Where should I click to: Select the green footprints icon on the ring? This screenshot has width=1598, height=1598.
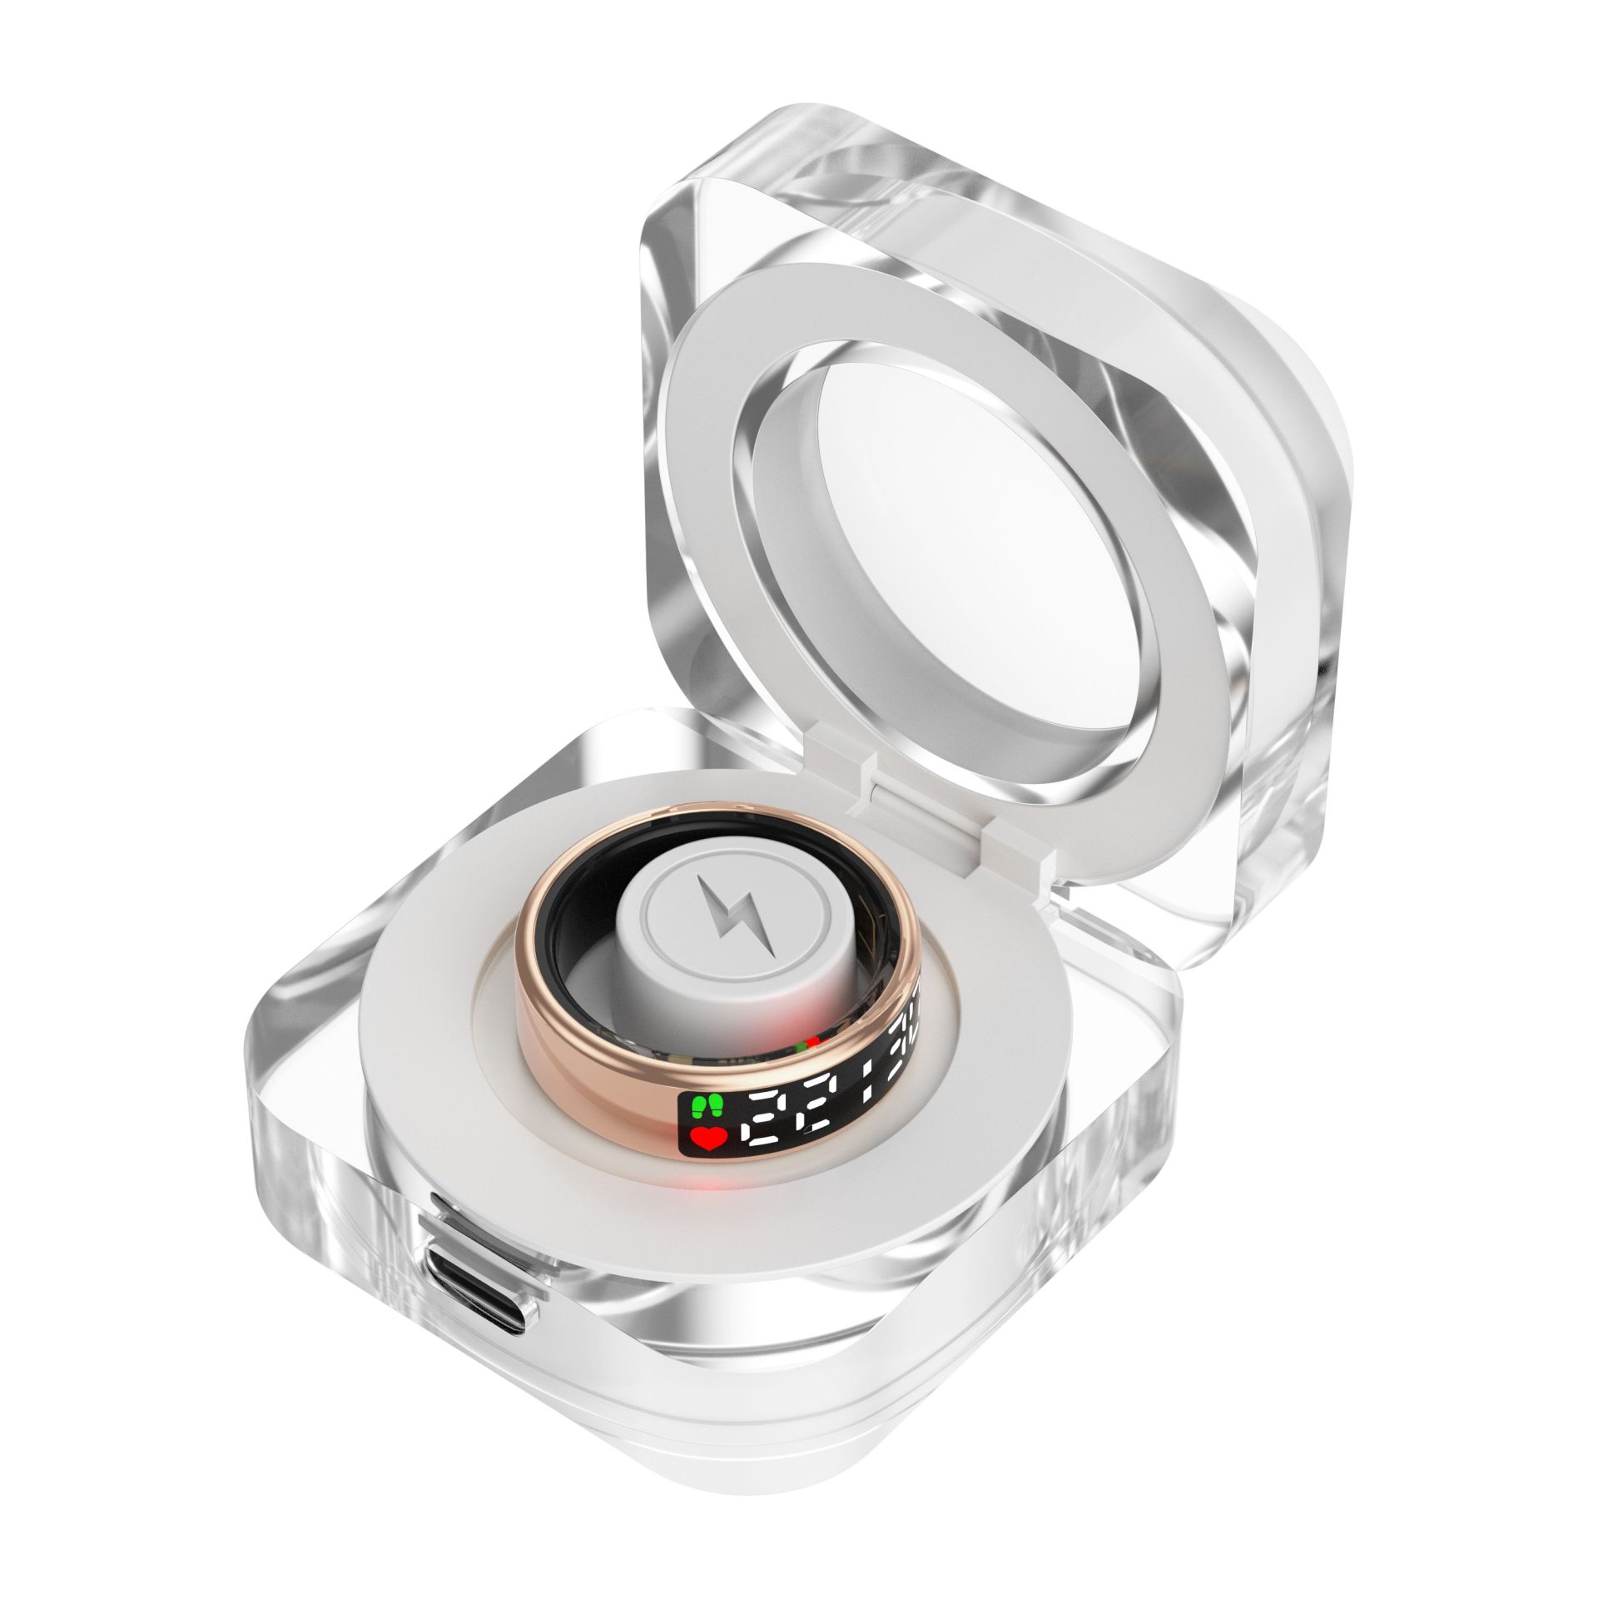click(x=706, y=1107)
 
